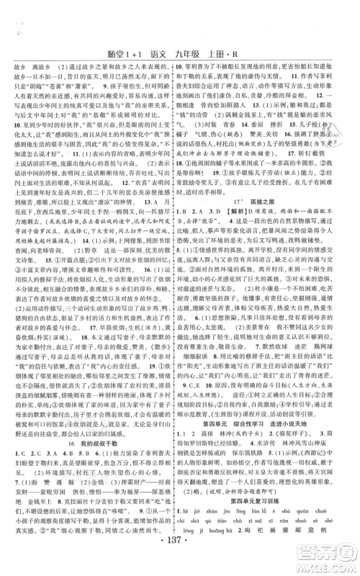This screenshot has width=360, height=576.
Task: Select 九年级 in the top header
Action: coord(188,53)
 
